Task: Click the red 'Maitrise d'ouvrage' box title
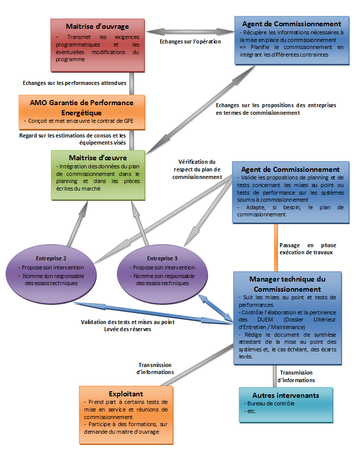[97, 26]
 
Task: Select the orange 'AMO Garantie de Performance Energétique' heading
[81, 108]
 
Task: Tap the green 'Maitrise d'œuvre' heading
[98, 158]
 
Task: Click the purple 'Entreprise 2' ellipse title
[51, 258]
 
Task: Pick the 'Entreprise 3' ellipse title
[162, 258]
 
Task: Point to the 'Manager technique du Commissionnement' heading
[287, 284]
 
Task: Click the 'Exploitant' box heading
[126, 394]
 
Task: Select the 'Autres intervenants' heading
[286, 395]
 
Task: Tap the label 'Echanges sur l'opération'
[190, 41]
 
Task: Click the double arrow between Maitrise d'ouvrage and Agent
[190, 31]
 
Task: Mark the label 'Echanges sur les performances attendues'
[74, 83]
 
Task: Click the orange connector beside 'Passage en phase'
[276, 248]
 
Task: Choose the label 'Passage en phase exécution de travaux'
[308, 249]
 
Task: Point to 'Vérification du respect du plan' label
[197, 169]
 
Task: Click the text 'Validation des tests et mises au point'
[128, 322]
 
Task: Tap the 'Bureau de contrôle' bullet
[269, 404]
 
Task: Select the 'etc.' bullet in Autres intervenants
[250, 411]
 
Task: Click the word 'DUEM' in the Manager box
[265, 319]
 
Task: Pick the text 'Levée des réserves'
[128, 329]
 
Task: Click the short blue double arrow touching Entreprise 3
[216, 308]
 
